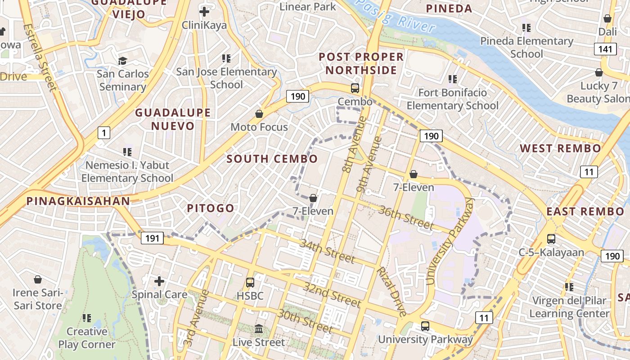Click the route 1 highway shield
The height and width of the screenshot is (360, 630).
[x=104, y=133]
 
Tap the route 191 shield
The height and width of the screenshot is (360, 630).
[x=153, y=238]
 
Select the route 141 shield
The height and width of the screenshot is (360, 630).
[x=605, y=49]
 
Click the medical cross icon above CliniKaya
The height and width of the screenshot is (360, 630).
[x=204, y=11]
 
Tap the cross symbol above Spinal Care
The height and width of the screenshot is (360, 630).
[x=159, y=281]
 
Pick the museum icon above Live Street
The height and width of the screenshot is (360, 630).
[x=259, y=329]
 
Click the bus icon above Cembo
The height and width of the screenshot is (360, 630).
[x=355, y=88]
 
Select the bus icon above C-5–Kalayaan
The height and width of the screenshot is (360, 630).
[x=551, y=239]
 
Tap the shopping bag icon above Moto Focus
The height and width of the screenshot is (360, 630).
[x=259, y=114]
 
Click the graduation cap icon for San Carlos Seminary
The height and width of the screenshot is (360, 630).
[x=122, y=60]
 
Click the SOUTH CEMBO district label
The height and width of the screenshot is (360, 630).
[x=272, y=158]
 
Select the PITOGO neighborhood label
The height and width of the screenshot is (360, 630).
[x=211, y=208]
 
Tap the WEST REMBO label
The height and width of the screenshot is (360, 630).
[x=560, y=148]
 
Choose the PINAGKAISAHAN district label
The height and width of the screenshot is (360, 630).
[x=78, y=201]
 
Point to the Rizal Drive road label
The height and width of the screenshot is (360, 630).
[x=391, y=291]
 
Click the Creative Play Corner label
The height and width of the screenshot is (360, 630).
[x=86, y=338]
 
